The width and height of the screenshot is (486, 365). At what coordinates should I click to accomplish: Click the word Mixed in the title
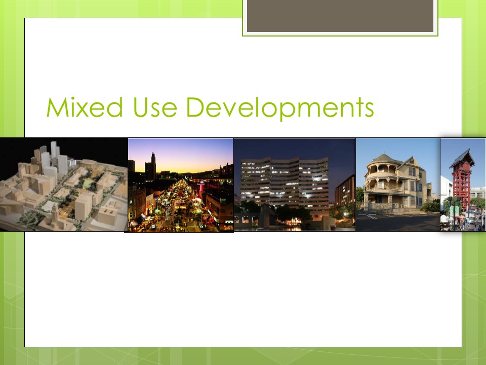pos(85,107)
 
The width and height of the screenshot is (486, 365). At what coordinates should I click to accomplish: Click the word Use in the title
pos(155,107)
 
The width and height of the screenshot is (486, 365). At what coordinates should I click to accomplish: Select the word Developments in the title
pos(280,108)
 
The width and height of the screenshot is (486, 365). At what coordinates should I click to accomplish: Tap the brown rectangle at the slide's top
pos(340,16)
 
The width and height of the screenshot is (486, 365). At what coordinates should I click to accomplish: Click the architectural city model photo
pos(64,185)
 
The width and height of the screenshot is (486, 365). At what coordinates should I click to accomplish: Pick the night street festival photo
pos(181,185)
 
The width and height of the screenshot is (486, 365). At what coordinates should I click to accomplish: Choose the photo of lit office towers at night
pos(295,185)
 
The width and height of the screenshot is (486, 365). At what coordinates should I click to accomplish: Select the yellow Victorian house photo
pos(398,185)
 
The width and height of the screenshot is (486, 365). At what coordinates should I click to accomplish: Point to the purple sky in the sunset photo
pos(186,152)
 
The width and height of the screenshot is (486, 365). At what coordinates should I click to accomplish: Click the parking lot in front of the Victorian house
pos(398,222)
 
